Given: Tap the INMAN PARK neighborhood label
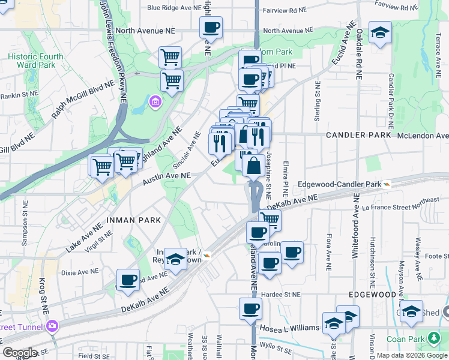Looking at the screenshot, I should tap(133, 220).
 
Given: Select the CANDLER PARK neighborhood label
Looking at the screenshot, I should tap(358, 136).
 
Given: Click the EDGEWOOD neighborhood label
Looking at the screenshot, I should tap(372, 295).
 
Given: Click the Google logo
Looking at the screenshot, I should tap(19, 352).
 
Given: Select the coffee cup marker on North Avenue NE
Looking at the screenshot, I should tap(211, 28).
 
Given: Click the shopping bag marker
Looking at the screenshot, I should tap(254, 166).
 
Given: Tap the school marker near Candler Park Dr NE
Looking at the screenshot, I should tap(380, 32).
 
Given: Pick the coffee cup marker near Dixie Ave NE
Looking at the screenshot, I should tap(128, 280).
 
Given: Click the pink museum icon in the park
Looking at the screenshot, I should tap(155, 101).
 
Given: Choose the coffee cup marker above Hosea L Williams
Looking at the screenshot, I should tap(250, 309).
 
